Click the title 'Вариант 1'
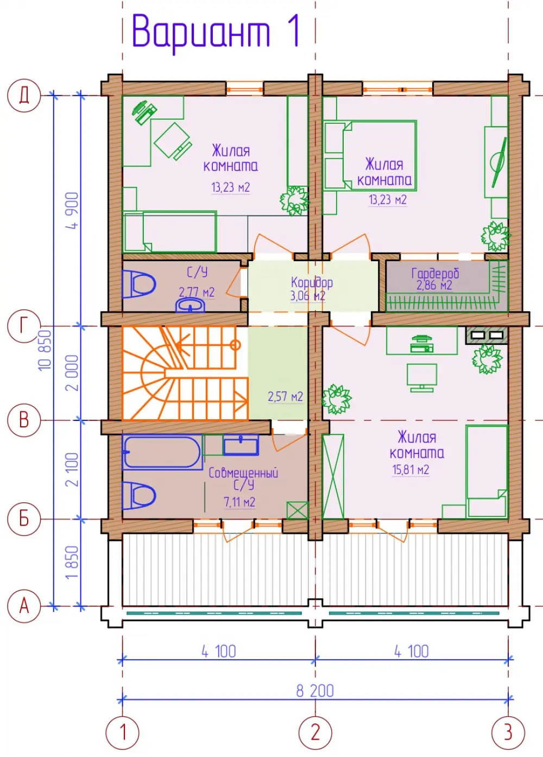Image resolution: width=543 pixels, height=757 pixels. [x=216, y=33]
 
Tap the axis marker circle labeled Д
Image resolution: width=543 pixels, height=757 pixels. [x=24, y=95]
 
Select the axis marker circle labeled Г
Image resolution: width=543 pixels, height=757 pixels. [x=24, y=326]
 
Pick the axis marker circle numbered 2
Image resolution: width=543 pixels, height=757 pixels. [x=315, y=733]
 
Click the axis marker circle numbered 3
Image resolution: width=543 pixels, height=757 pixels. [x=508, y=733]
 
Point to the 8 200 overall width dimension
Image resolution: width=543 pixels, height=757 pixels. [x=315, y=691]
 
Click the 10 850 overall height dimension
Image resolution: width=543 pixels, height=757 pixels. [x=45, y=350]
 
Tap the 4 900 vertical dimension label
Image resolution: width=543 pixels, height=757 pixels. [x=72, y=211]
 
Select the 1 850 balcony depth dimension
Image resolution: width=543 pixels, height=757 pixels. [x=72, y=563]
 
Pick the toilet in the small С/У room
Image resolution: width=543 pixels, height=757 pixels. [x=138, y=284]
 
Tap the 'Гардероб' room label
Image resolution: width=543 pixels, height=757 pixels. [x=435, y=273]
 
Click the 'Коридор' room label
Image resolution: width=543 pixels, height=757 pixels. [x=312, y=282]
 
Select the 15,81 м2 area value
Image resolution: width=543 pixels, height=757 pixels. [x=411, y=470]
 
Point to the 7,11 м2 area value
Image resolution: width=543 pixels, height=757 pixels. [x=239, y=502]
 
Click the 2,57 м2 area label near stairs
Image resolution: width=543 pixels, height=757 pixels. [x=285, y=396]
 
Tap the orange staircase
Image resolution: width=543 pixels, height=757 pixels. [x=185, y=373]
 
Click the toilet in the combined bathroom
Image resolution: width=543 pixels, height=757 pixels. [x=139, y=496]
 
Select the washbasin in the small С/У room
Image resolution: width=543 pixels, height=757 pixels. [x=190, y=306]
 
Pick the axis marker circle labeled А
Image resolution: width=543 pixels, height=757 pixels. [x=24, y=606]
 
